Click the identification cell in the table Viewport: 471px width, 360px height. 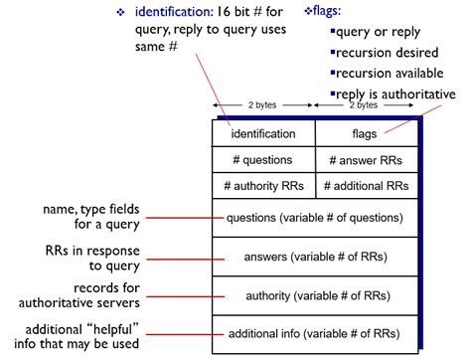coord(263,133)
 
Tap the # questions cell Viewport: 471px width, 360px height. coord(263,159)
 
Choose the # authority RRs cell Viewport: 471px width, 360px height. coord(263,185)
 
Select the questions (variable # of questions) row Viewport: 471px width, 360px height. coord(315,218)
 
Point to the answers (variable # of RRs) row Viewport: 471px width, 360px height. coord(315,257)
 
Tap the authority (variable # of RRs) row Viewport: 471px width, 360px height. coord(315,294)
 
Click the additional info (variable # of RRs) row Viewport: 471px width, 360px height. coord(315,333)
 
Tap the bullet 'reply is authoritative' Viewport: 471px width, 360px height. coord(396,94)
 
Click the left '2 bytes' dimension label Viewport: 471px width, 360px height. coord(262,104)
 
